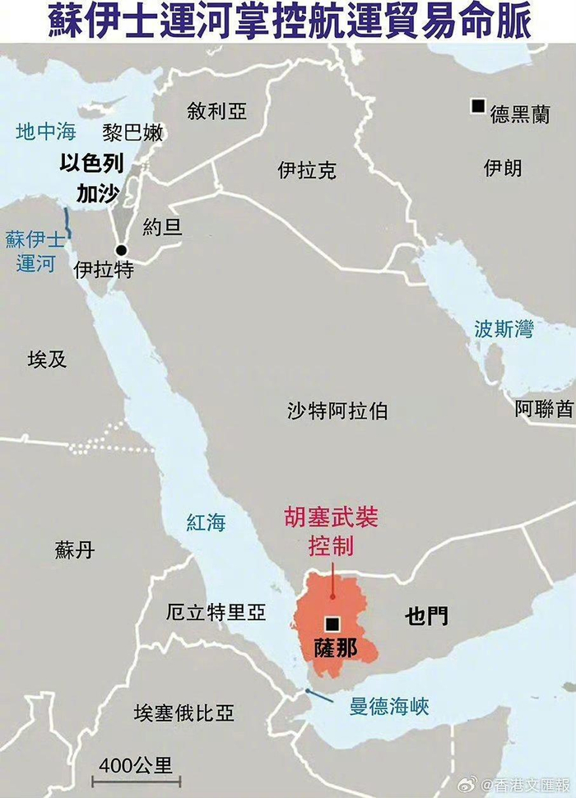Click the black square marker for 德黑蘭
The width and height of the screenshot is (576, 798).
click(477, 105)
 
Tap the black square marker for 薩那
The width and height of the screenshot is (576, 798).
click(332, 624)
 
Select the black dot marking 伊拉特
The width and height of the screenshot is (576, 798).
click(121, 250)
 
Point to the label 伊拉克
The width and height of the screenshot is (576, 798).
click(307, 170)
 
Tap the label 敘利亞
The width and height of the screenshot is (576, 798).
click(216, 111)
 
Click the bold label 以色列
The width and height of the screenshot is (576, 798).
click(91, 164)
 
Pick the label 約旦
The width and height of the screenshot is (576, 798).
click(162, 227)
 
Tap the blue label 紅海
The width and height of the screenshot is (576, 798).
click(206, 522)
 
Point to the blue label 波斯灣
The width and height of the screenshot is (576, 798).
click(504, 329)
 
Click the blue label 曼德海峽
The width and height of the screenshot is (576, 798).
click(389, 706)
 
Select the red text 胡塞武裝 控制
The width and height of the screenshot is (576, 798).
click(331, 532)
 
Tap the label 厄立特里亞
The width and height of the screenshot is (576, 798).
click(216, 612)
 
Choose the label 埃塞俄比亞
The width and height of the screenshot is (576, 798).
click(184, 712)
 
